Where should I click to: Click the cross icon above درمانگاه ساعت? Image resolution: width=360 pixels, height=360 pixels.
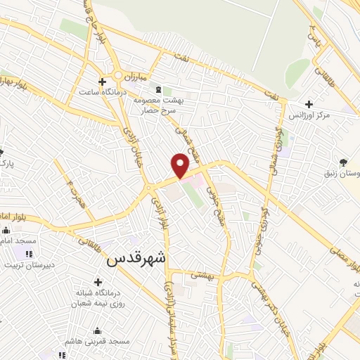point(103,82)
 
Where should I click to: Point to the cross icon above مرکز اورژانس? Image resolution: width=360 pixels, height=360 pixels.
point(309,104)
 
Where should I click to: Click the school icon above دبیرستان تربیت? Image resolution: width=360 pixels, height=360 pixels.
point(29,254)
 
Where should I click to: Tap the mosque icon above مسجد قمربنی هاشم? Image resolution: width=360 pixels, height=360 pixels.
point(96,331)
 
